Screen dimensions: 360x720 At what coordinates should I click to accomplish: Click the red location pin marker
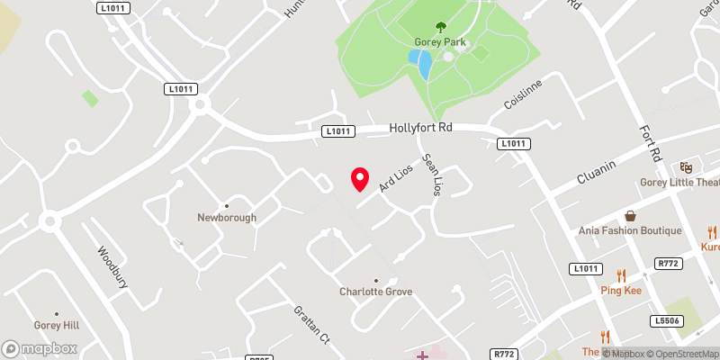[360, 179]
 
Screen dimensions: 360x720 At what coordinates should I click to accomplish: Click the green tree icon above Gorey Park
[440, 27]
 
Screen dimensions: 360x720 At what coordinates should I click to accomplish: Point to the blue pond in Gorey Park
[420, 64]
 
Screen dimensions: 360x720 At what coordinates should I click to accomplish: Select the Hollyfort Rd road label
[420, 128]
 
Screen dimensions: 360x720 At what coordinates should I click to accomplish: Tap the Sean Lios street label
[432, 174]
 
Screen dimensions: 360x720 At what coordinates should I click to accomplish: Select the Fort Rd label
[650, 141]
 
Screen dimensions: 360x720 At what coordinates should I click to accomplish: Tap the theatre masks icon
[686, 166]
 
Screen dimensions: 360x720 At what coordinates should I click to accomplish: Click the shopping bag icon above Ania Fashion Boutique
[631, 216]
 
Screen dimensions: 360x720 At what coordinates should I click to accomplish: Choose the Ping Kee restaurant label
[620, 291]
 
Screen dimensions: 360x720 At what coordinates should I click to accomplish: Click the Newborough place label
[228, 217]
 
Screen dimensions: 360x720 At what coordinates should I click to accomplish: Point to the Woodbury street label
[113, 266]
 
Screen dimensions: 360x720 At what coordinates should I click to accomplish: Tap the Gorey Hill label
[58, 325]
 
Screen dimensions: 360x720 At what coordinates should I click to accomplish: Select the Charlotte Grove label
[375, 292]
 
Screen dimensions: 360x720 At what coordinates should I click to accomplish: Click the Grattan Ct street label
[311, 326]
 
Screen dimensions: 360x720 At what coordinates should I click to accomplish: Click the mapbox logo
[40, 348]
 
